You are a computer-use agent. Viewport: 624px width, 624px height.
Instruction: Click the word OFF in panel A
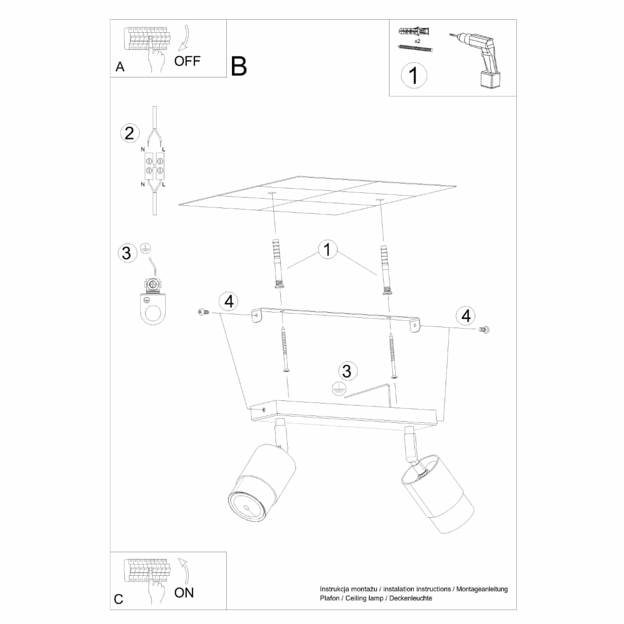(187, 61)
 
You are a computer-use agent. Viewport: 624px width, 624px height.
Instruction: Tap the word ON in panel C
(184, 593)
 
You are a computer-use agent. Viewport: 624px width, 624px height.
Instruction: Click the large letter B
(239, 67)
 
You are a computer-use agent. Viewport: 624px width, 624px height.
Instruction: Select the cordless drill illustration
(475, 60)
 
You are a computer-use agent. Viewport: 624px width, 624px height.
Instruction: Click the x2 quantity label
(418, 41)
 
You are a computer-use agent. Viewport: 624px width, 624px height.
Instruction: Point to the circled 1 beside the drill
(414, 75)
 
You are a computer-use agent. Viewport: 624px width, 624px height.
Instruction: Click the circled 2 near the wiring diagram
(129, 133)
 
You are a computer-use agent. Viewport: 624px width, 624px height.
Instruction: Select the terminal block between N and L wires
(154, 166)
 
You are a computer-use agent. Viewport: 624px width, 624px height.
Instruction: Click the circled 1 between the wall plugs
(328, 250)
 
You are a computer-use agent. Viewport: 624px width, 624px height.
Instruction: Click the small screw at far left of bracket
(203, 312)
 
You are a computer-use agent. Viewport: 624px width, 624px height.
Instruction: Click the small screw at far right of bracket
(484, 330)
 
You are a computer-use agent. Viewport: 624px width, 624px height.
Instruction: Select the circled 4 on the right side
(465, 316)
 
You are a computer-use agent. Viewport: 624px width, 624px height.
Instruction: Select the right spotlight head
(437, 493)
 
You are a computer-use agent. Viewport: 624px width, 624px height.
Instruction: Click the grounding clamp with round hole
(153, 301)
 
